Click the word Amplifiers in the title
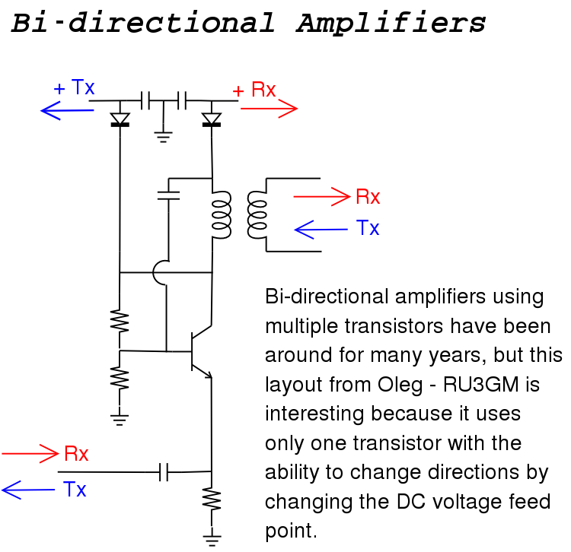coord(391,23)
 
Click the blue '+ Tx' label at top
coord(74,87)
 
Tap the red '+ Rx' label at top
coord(254,90)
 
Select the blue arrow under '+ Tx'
coord(67,110)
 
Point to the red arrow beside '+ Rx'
coord(269,109)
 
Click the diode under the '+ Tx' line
coord(120,119)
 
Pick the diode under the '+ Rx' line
coord(212,119)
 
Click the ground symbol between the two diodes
coord(163,137)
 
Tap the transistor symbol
coord(202,351)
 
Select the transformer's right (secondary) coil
coord(257,215)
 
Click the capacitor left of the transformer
coord(168,195)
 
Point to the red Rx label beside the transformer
coord(368,197)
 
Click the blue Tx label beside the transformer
coord(368,228)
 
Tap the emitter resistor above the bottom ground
coord(212,500)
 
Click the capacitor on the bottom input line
coord(164,472)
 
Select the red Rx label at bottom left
coord(76,454)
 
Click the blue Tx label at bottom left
coord(75,489)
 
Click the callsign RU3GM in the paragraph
coord(480,385)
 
